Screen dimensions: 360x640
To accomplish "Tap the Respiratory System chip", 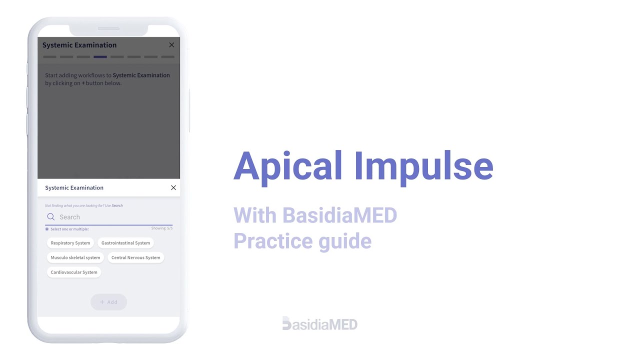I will coord(70,243).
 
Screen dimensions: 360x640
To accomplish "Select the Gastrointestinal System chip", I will coord(125,243).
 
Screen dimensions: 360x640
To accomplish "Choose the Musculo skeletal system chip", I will coord(75,257).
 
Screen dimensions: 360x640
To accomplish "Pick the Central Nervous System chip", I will coord(136,257).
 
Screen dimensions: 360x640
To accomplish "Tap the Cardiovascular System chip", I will coord(74,272).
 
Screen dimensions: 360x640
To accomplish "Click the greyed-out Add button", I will coord(108,302).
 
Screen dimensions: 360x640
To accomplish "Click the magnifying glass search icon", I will coord(51,217).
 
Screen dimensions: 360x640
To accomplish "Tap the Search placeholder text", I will coord(70,217).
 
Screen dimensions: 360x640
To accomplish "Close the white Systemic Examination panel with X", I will coord(173,188).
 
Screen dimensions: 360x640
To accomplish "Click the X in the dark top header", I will coord(171,45).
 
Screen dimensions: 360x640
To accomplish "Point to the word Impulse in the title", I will coord(424,166).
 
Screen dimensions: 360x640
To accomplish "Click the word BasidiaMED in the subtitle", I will coord(339,215).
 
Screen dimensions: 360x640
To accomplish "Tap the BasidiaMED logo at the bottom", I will coord(320,324).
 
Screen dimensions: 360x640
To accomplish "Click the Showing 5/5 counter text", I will coord(162,228).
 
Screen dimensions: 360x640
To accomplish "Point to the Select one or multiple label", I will coord(69,229).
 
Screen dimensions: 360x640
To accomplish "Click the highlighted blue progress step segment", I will coord(100,57).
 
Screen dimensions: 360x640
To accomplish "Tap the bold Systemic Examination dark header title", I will coord(79,45).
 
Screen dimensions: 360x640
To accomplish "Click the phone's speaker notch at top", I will coord(108,28).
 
